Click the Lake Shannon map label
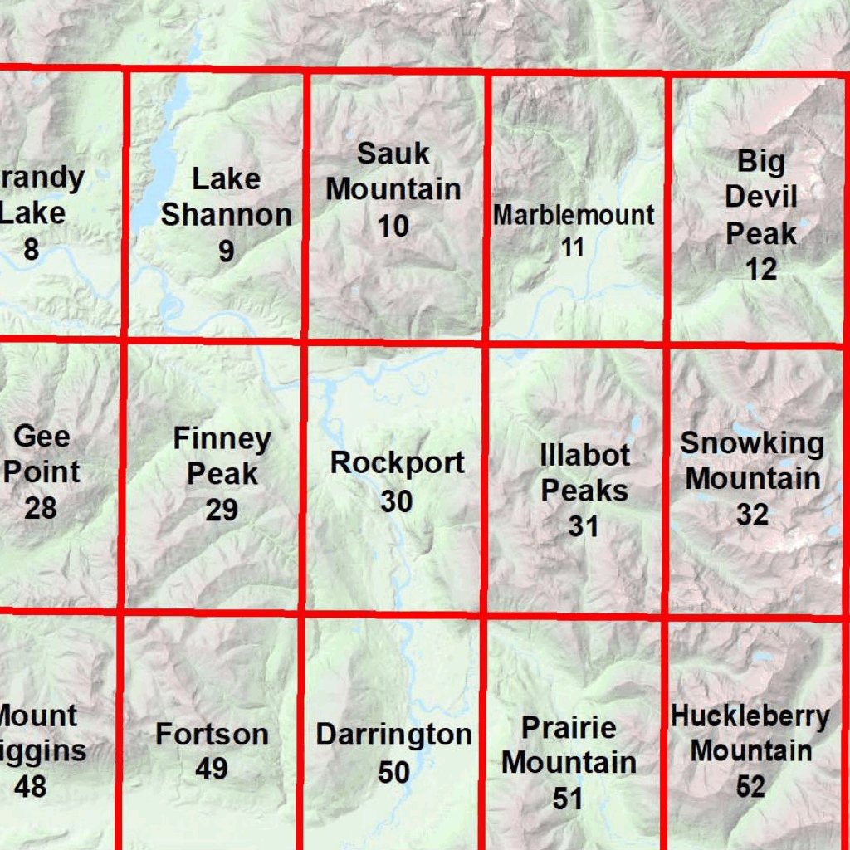pyautogui.click(x=226, y=197)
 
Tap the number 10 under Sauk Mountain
pyautogui.click(x=393, y=225)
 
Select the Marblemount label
pyautogui.click(x=574, y=215)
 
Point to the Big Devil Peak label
pyautogui.click(x=760, y=198)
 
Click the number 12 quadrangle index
pyautogui.click(x=761, y=269)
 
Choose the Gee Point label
pyautogui.click(x=42, y=454)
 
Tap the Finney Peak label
pyautogui.click(x=222, y=456)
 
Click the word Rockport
pyautogui.click(x=397, y=463)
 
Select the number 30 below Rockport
pyautogui.click(x=396, y=501)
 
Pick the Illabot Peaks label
pyautogui.click(x=584, y=472)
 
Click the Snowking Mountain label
pyautogui.click(x=752, y=461)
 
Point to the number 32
pyautogui.click(x=752, y=515)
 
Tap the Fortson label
pyautogui.click(x=212, y=734)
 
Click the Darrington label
pyautogui.click(x=393, y=735)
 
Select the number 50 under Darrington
pyautogui.click(x=393, y=773)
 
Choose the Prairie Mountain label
pyautogui.click(x=569, y=745)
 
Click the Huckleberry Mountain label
pyautogui.click(x=750, y=733)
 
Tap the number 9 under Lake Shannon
pyautogui.click(x=226, y=252)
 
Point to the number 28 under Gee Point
pyautogui.click(x=40, y=507)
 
